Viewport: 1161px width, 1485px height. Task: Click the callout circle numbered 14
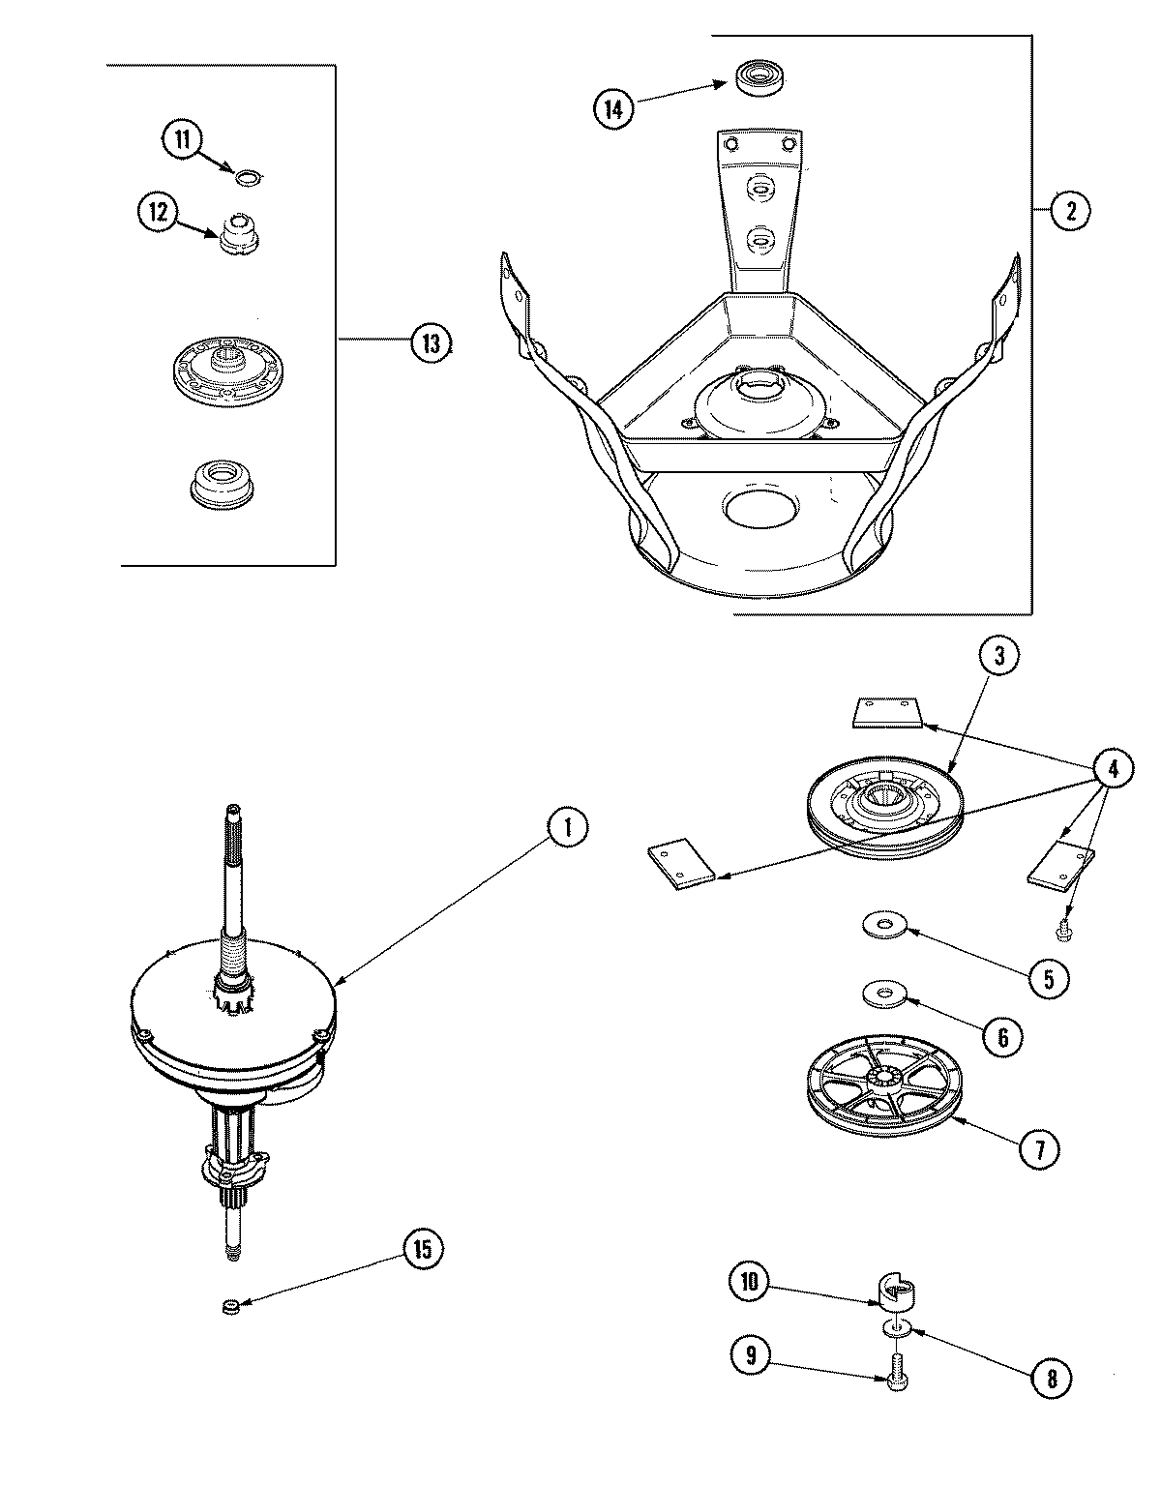[613, 108]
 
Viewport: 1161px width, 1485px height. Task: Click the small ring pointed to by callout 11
[249, 176]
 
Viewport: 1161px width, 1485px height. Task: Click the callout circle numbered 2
[1070, 211]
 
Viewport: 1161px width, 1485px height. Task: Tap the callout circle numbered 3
[997, 657]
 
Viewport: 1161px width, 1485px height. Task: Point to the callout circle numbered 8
[1052, 1379]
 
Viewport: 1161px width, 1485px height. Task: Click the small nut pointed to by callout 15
[230, 1308]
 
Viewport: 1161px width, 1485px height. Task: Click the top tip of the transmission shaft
[233, 811]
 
